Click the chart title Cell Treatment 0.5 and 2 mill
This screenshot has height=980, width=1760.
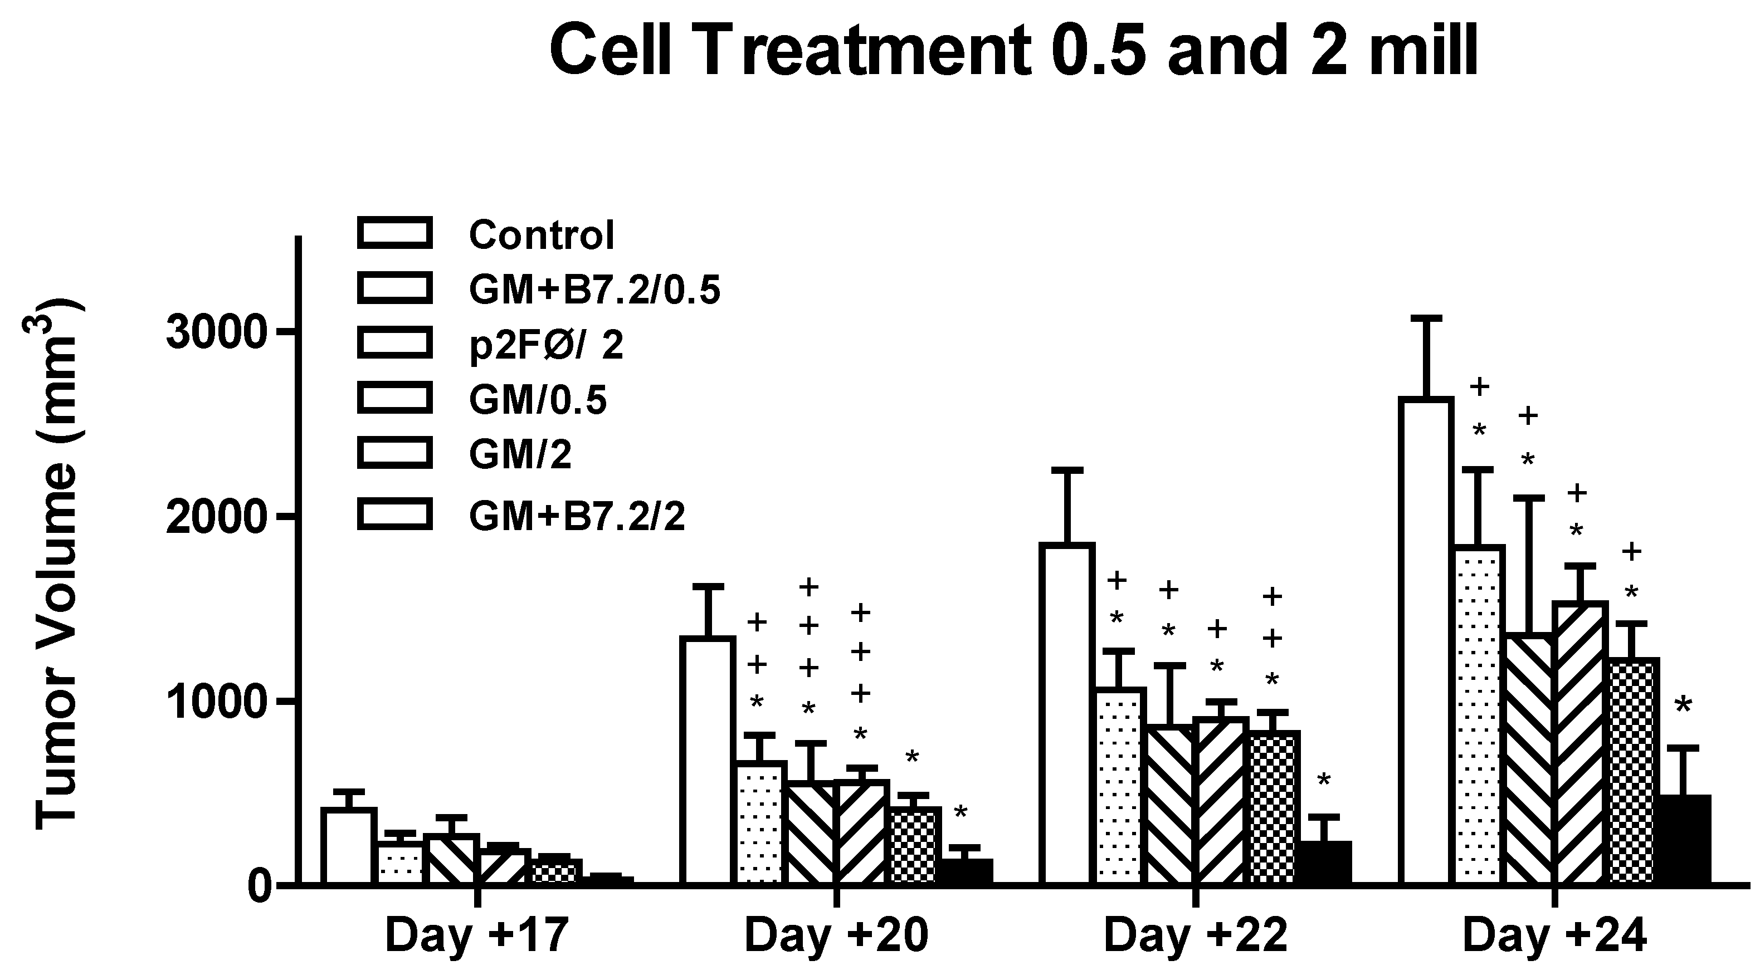[x=1013, y=51]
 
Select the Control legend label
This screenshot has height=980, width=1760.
[x=541, y=235]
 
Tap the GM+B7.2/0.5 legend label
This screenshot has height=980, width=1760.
[x=594, y=290]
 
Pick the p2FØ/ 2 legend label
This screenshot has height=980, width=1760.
[x=546, y=346]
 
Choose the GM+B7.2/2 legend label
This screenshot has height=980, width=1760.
[x=577, y=516]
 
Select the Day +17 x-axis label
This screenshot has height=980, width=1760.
[x=477, y=935]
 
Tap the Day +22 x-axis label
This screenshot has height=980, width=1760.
[x=1196, y=935]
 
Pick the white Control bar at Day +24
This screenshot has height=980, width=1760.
[x=1426, y=642]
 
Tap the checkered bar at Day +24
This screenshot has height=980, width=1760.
[x=1634, y=772]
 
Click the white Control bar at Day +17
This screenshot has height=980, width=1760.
[x=349, y=847]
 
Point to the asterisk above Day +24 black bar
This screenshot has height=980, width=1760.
[x=1683, y=707]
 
